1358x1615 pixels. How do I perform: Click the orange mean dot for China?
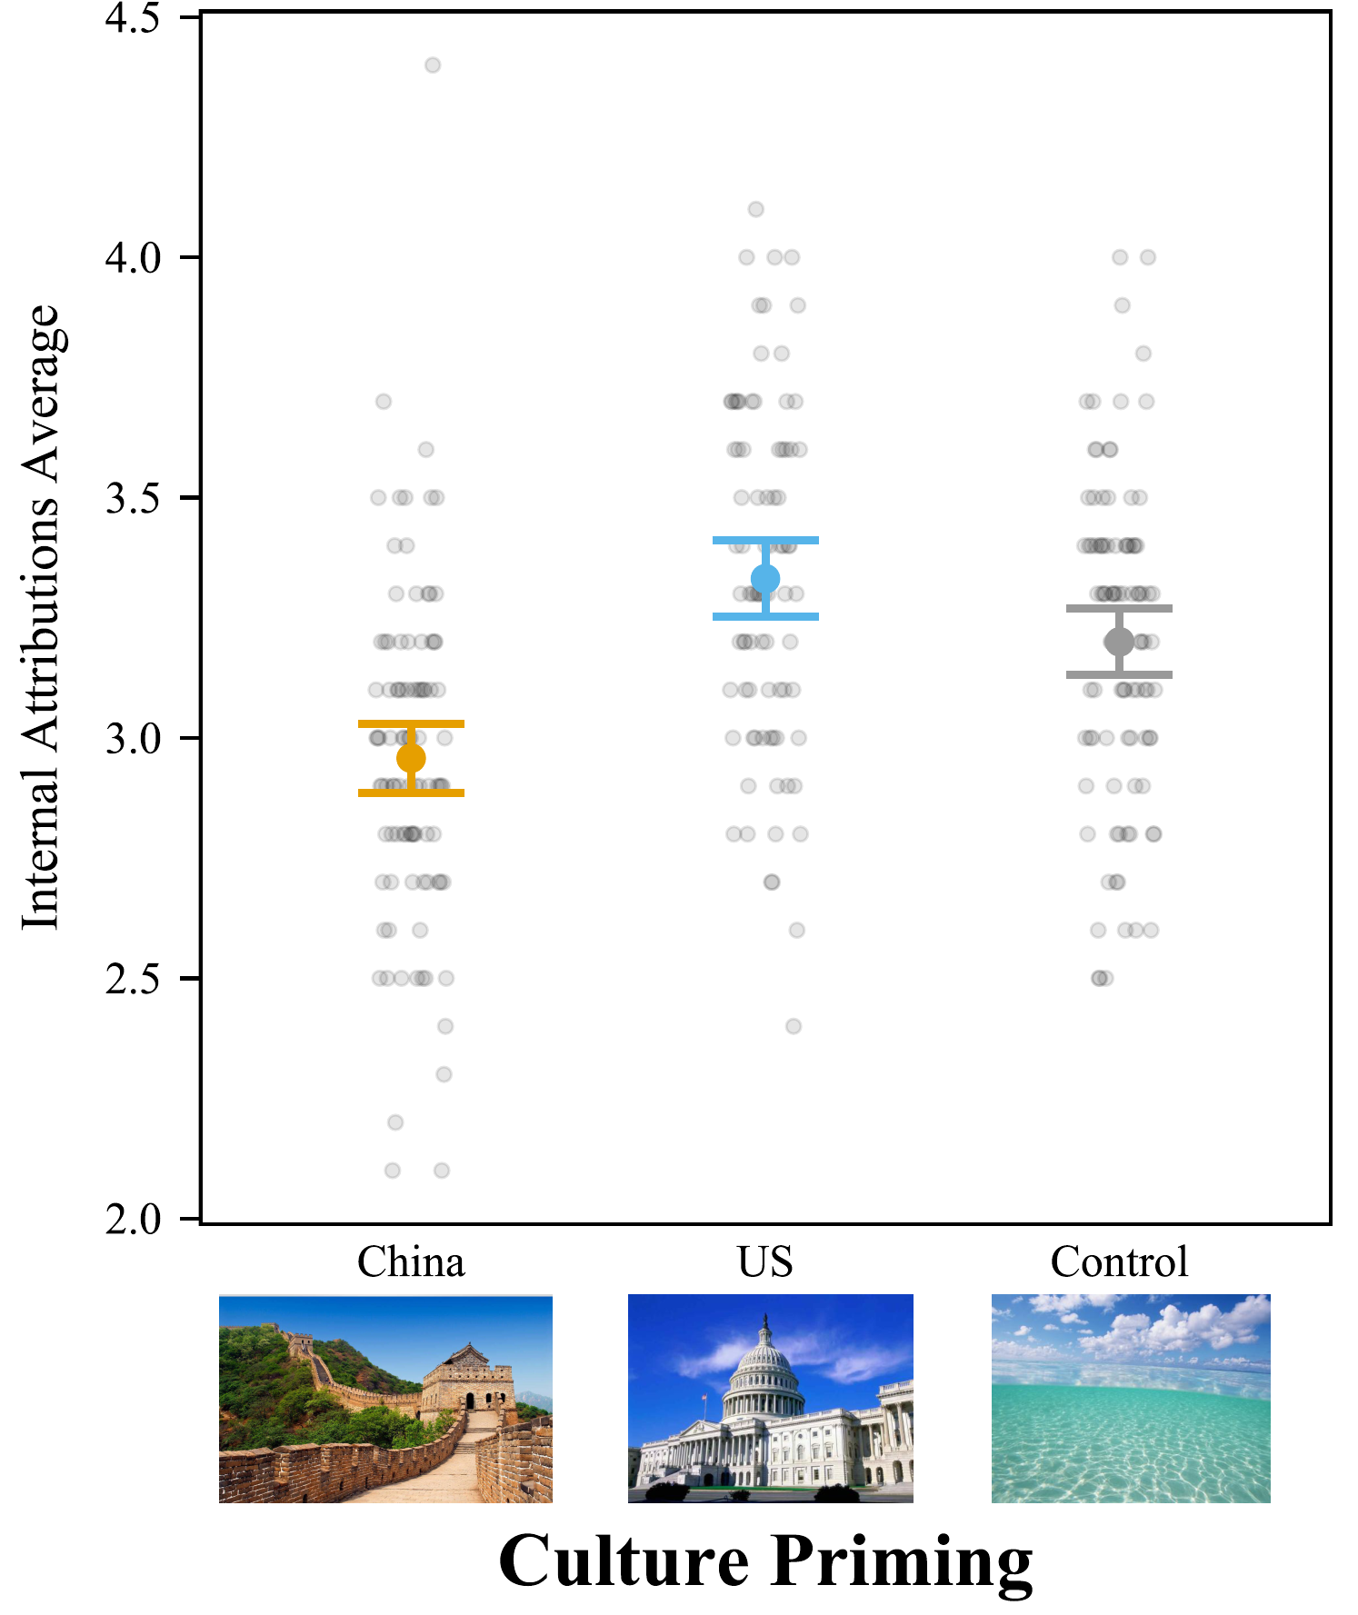[x=411, y=757]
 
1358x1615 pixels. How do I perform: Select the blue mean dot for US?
[x=765, y=578]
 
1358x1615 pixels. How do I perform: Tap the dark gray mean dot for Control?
[x=1119, y=642]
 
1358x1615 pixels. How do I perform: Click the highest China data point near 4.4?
[x=433, y=65]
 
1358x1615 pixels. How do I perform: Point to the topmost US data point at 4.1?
[x=755, y=209]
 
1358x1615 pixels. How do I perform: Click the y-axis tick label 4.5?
[x=133, y=18]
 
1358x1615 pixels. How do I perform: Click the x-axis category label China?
[x=411, y=1261]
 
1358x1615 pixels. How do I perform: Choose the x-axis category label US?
[x=765, y=1261]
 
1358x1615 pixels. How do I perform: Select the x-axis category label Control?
[x=1119, y=1261]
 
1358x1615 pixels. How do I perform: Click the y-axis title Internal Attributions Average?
[x=41, y=618]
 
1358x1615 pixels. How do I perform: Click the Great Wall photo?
[x=385, y=1399]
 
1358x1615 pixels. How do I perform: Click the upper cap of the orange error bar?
[x=411, y=723]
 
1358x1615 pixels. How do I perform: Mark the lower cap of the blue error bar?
[x=765, y=617]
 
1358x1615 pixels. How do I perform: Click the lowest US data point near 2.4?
[x=794, y=1026]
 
